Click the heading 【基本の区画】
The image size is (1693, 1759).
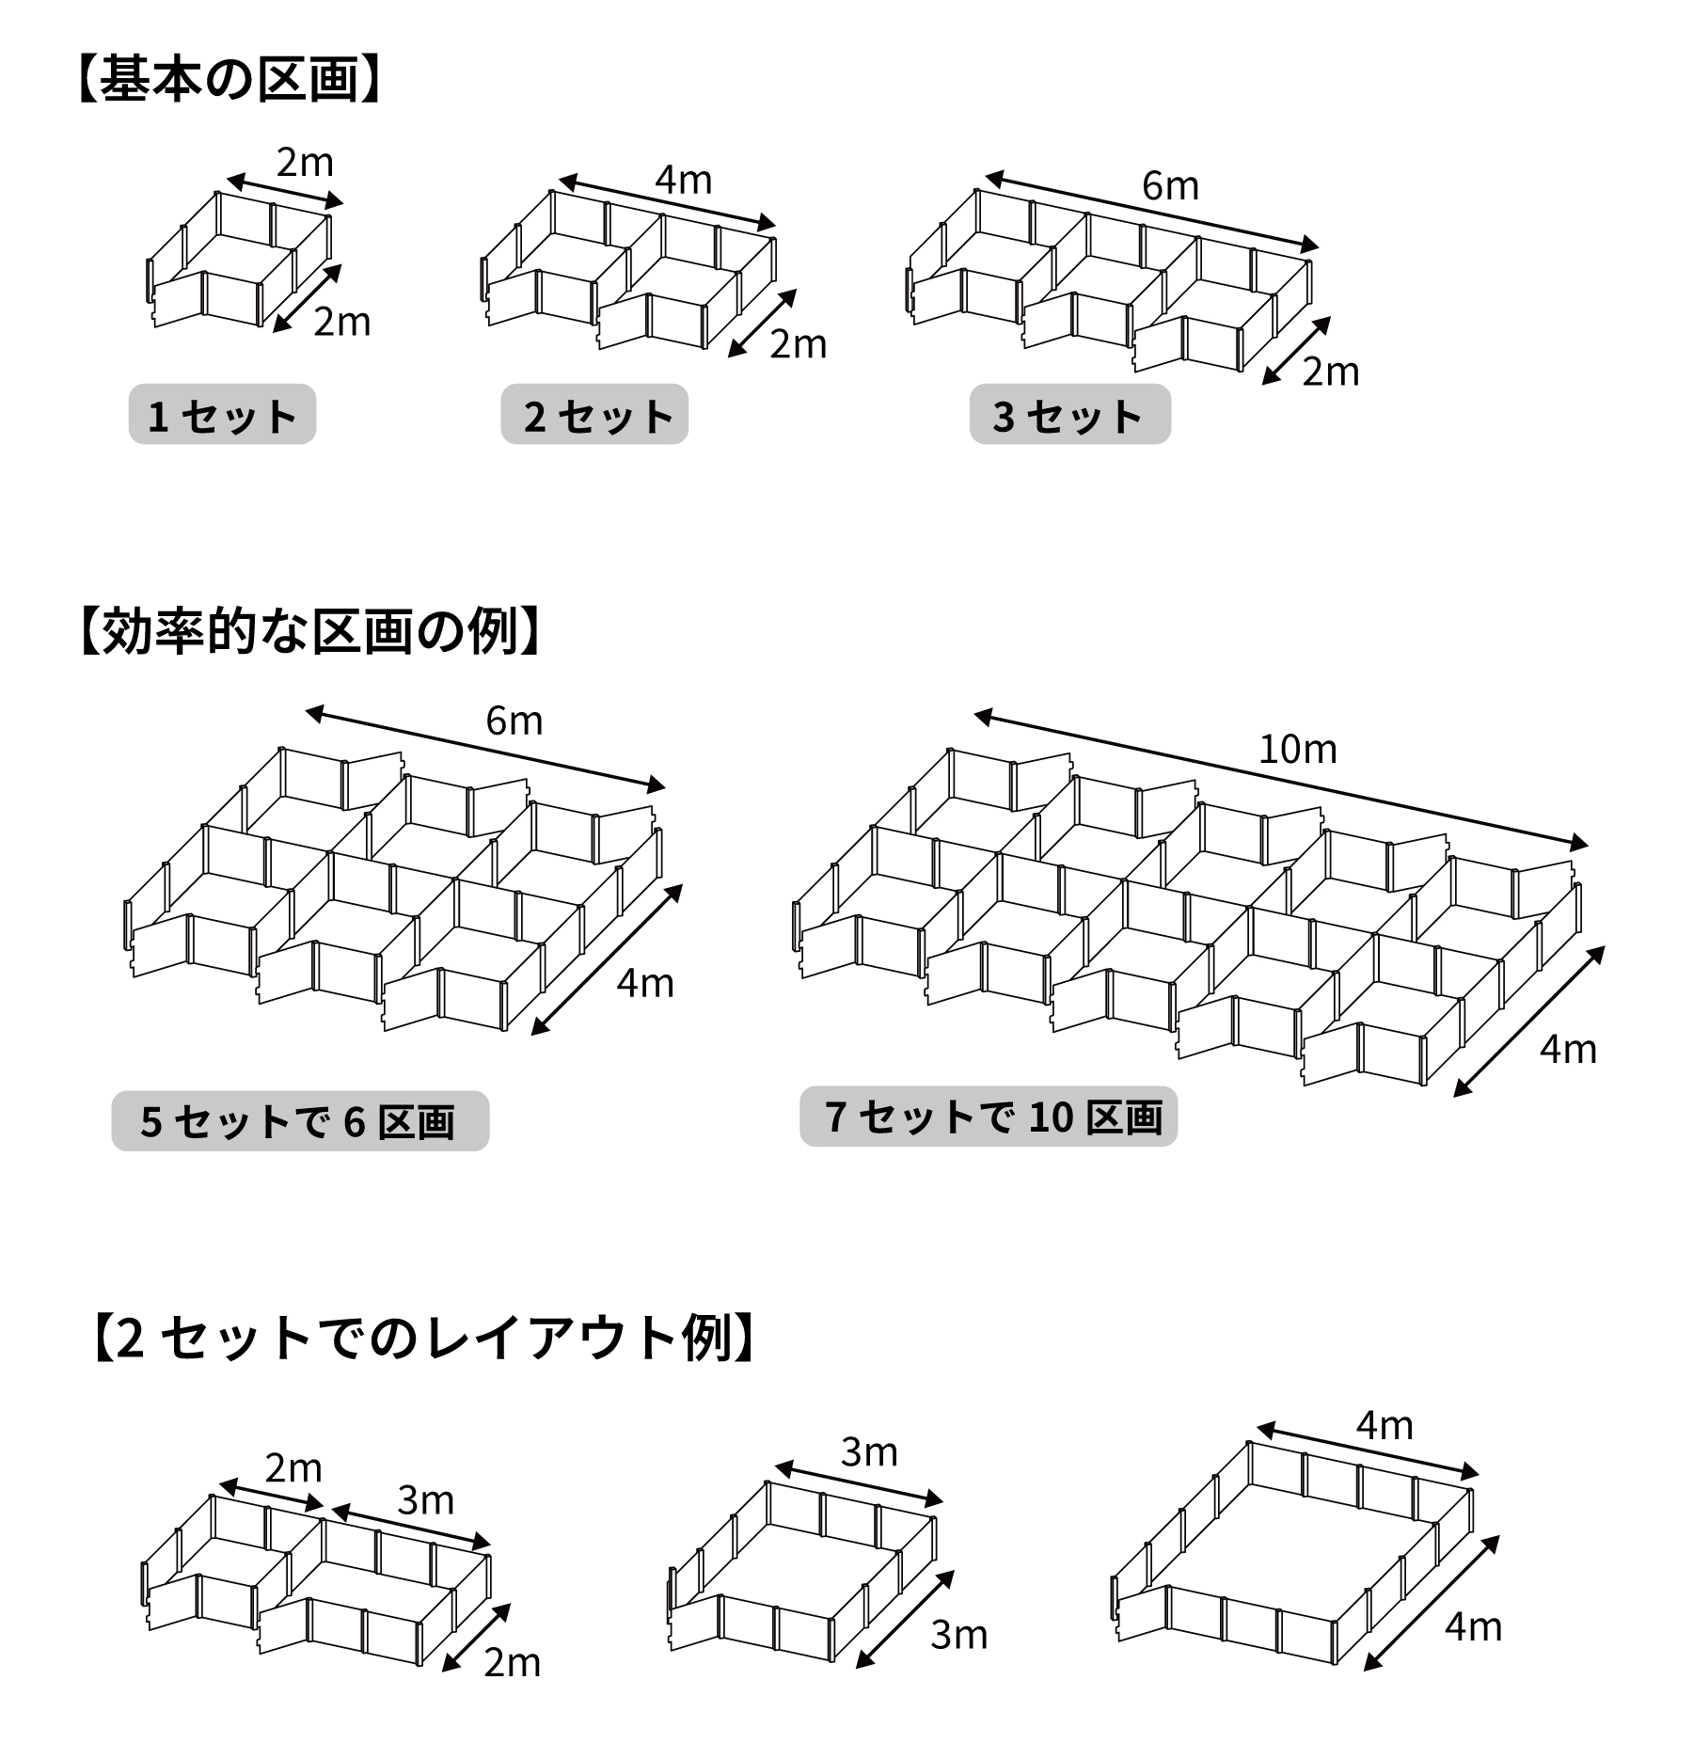pyautogui.click(x=228, y=79)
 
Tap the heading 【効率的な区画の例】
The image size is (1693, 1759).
pyautogui.click(x=309, y=630)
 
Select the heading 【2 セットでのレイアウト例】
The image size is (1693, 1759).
pyautogui.click(x=424, y=1338)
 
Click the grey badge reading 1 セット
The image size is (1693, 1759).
pyautogui.click(x=222, y=415)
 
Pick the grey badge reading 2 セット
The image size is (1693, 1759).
pyautogui.click(x=594, y=415)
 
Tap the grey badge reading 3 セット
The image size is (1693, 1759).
pyautogui.click(x=1069, y=415)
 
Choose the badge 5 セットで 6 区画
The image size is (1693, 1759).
pyautogui.click(x=300, y=1120)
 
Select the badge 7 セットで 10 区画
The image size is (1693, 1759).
pyautogui.click(x=989, y=1117)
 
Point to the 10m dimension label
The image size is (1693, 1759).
pyautogui.click(x=1297, y=750)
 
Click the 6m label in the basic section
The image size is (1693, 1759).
pyautogui.click(x=1170, y=186)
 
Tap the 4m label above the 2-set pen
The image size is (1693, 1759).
pyautogui.click(x=684, y=180)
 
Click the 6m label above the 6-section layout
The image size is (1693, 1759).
pyautogui.click(x=514, y=721)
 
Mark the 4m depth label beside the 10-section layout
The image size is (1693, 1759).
pyautogui.click(x=1568, y=1050)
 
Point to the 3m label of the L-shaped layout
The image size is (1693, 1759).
pyautogui.click(x=425, y=1500)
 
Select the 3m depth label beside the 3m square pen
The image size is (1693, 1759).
pyautogui.click(x=958, y=1635)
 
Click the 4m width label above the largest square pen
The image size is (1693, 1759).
pyautogui.click(x=1384, y=1426)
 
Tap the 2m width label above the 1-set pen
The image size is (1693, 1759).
pyautogui.click(x=305, y=163)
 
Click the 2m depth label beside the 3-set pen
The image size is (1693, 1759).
pyautogui.click(x=1330, y=372)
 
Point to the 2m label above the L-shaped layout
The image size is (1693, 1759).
pyautogui.click(x=293, y=1468)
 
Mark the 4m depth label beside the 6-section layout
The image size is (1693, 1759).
pyautogui.click(x=645, y=984)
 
